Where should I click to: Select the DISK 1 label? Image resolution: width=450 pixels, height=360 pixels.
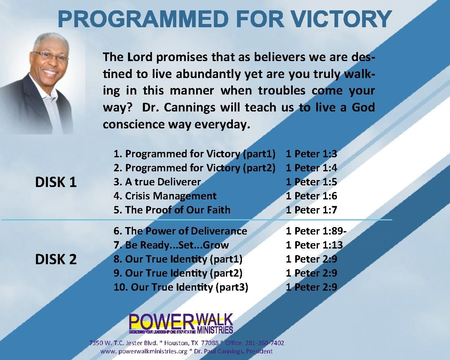point(56,182)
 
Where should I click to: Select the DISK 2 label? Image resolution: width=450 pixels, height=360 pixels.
point(56,260)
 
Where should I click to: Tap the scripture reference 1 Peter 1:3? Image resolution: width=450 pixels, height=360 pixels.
point(311,154)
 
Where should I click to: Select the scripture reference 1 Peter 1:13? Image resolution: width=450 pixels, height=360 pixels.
point(314,245)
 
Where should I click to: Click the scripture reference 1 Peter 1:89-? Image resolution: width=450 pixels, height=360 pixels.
point(316,231)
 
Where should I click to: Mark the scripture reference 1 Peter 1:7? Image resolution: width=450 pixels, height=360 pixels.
point(311,210)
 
